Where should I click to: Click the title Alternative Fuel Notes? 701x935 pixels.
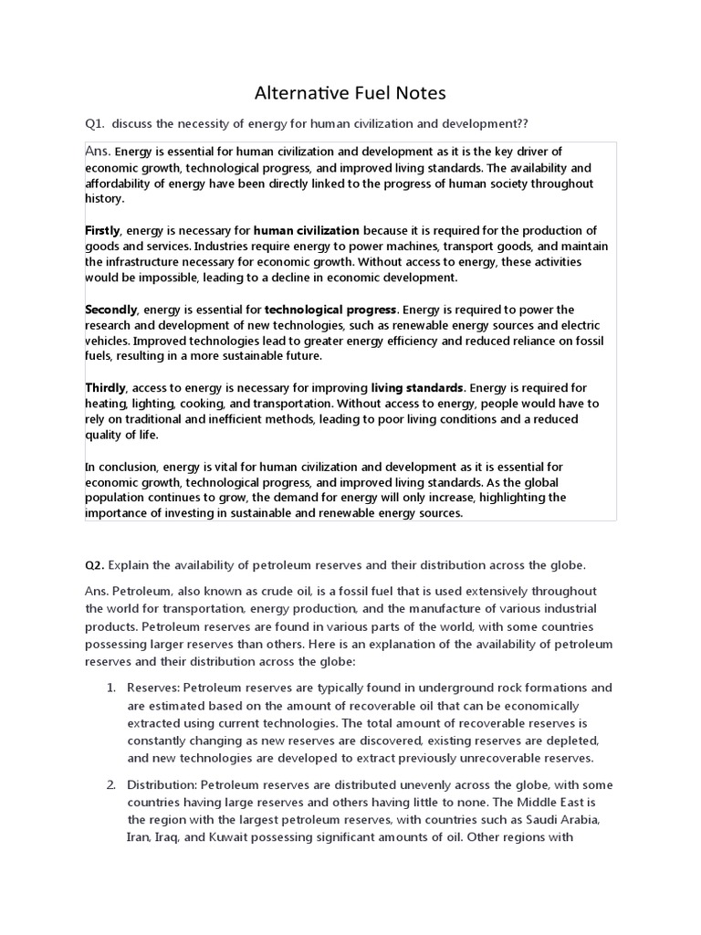click(x=350, y=93)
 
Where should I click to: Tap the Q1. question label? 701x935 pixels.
click(x=95, y=125)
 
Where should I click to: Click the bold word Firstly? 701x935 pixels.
click(x=102, y=230)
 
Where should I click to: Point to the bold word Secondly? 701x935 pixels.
click(x=110, y=310)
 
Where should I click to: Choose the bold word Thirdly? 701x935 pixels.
click(x=106, y=388)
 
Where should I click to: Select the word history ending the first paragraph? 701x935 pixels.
click(x=103, y=198)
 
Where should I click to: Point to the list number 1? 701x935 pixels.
click(x=110, y=688)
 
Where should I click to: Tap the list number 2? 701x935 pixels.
click(x=110, y=785)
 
